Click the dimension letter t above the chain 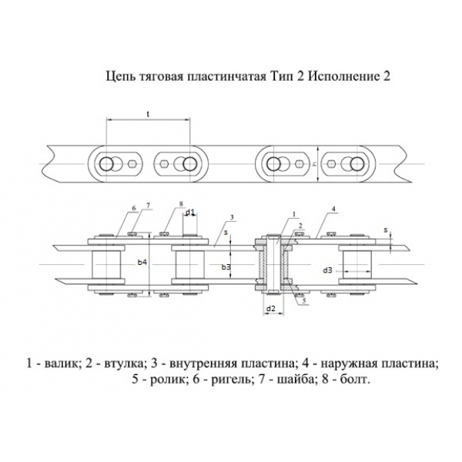[147, 114]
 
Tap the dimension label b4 [142, 263]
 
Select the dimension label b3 [226, 266]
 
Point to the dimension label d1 [189, 212]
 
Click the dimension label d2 [271, 309]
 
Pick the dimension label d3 [327, 270]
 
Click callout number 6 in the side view [132, 208]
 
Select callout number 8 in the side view [179, 204]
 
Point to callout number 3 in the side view [232, 218]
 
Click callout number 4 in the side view [333, 209]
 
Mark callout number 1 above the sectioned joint [293, 213]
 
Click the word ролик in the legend [163, 380]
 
